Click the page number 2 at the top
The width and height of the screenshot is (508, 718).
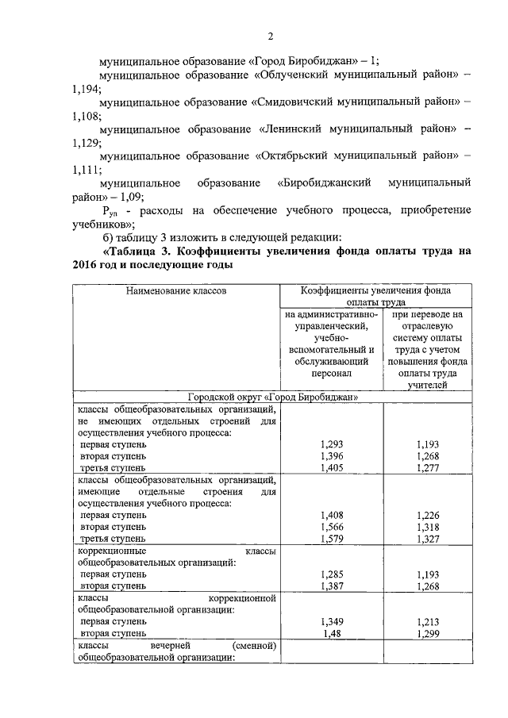(x=270, y=36)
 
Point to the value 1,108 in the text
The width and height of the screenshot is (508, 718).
(x=85, y=117)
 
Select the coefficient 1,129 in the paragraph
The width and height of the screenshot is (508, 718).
(x=85, y=143)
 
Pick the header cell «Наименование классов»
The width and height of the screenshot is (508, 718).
(x=176, y=291)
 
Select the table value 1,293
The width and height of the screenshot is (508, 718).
(x=331, y=445)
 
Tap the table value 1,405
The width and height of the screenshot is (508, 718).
(x=331, y=469)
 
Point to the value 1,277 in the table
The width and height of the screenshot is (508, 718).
(x=427, y=469)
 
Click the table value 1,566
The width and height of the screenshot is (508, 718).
(x=331, y=527)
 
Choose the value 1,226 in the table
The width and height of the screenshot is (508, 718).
(x=427, y=515)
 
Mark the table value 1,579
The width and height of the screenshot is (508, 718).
(x=331, y=539)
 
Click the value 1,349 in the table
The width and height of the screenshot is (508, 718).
(x=331, y=621)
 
